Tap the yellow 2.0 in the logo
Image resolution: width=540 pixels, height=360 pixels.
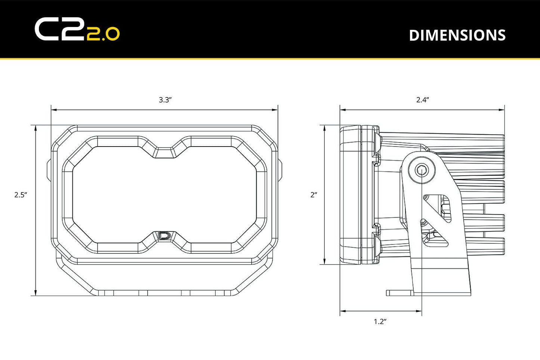(103, 34)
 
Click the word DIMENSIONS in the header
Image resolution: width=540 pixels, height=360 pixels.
(457, 35)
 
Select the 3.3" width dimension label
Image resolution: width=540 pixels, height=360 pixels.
(165, 100)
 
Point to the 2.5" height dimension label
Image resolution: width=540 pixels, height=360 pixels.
(21, 194)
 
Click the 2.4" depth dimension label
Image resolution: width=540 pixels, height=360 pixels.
(422, 100)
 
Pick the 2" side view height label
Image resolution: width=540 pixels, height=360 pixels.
(314, 194)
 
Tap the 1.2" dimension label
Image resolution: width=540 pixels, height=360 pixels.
(380, 321)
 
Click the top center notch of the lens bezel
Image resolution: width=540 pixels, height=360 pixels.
(164, 152)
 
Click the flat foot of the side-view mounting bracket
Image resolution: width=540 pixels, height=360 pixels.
(400, 293)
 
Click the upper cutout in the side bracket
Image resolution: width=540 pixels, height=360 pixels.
(441, 208)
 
